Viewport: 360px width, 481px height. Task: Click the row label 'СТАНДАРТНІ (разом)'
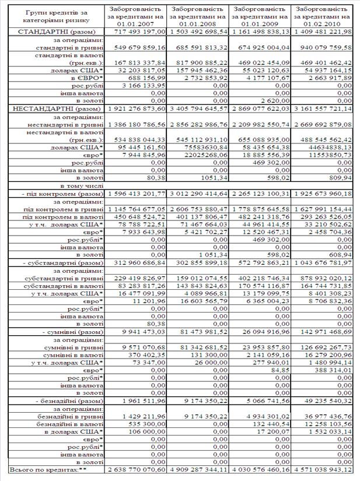coord(53,30)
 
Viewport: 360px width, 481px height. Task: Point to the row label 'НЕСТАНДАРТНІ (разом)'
coord(53,108)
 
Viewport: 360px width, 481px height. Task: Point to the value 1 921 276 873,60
coord(134,108)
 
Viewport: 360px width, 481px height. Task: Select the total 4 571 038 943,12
coord(324,469)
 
